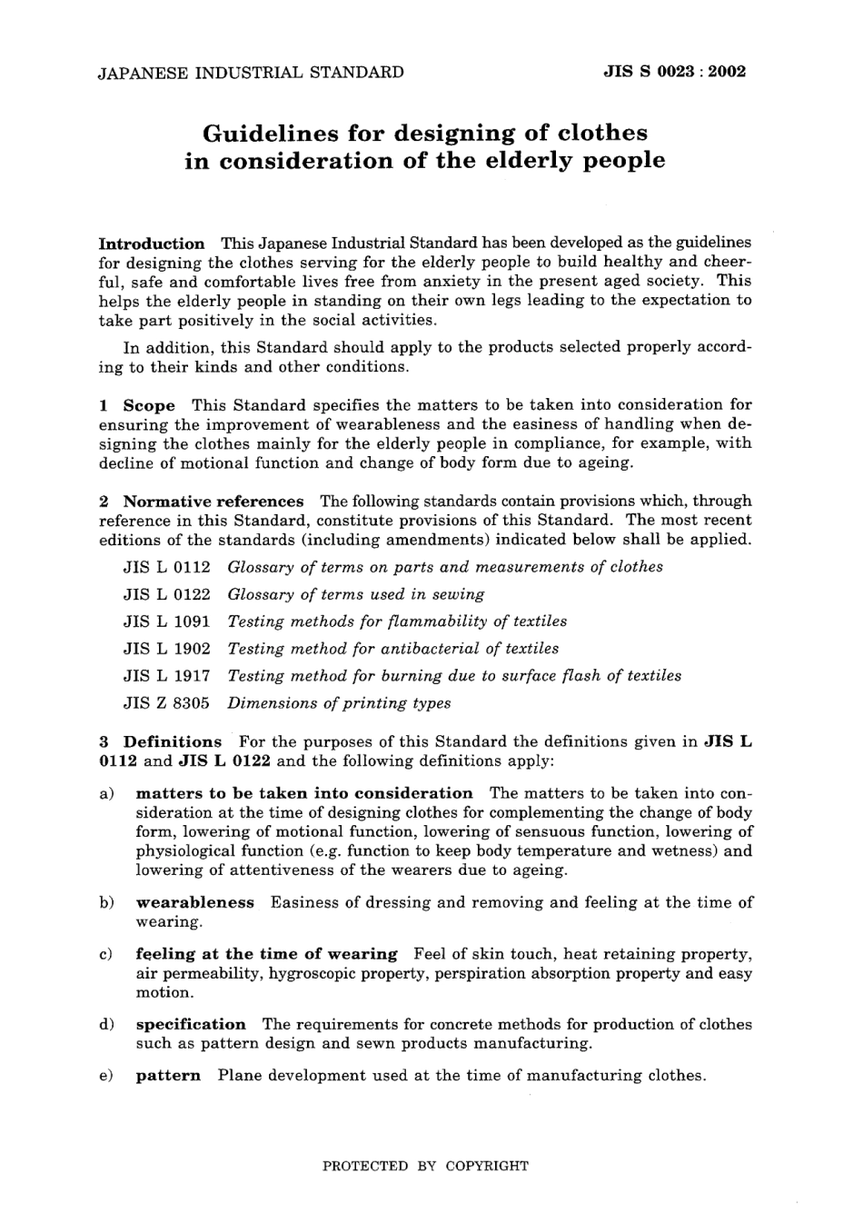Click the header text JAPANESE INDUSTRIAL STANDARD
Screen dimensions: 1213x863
(x=251, y=72)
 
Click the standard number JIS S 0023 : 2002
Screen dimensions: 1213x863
(x=674, y=72)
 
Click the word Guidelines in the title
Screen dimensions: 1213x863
(x=268, y=134)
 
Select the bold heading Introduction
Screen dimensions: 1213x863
(x=152, y=244)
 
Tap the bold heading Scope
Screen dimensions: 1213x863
(x=149, y=405)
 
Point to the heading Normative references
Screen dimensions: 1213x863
(x=213, y=502)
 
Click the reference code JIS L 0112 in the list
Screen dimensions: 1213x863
(x=166, y=567)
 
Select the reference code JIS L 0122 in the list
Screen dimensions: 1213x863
(x=166, y=594)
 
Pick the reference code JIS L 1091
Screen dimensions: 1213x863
(x=166, y=621)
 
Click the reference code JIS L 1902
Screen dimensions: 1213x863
(x=166, y=649)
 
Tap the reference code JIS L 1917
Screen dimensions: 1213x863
(x=166, y=676)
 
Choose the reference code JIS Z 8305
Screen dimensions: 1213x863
(x=166, y=703)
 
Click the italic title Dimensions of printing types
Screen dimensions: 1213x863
(x=339, y=703)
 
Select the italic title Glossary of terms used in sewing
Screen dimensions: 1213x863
(x=355, y=594)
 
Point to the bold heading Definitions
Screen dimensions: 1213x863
(x=173, y=742)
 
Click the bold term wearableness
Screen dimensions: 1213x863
(x=195, y=902)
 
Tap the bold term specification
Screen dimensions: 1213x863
(x=191, y=1024)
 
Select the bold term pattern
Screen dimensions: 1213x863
(x=168, y=1076)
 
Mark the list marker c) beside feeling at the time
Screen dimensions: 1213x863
(x=105, y=954)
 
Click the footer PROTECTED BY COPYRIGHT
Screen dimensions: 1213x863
(x=425, y=1166)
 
